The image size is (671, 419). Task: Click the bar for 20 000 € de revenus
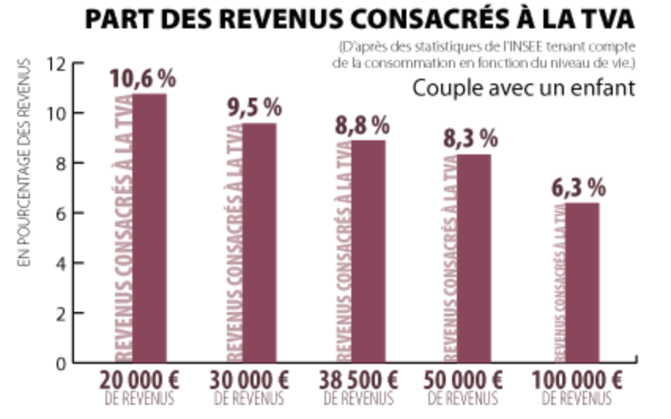(149, 228)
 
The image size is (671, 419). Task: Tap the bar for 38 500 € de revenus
(368, 251)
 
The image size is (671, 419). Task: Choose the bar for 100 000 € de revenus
(583, 283)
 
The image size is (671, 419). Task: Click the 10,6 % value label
(142, 79)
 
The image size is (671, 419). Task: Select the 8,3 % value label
(471, 139)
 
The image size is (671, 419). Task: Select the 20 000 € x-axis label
(140, 380)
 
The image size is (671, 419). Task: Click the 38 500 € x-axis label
(359, 380)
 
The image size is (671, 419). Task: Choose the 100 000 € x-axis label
(577, 380)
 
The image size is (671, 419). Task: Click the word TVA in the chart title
(602, 19)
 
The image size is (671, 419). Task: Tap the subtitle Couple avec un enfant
(523, 88)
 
